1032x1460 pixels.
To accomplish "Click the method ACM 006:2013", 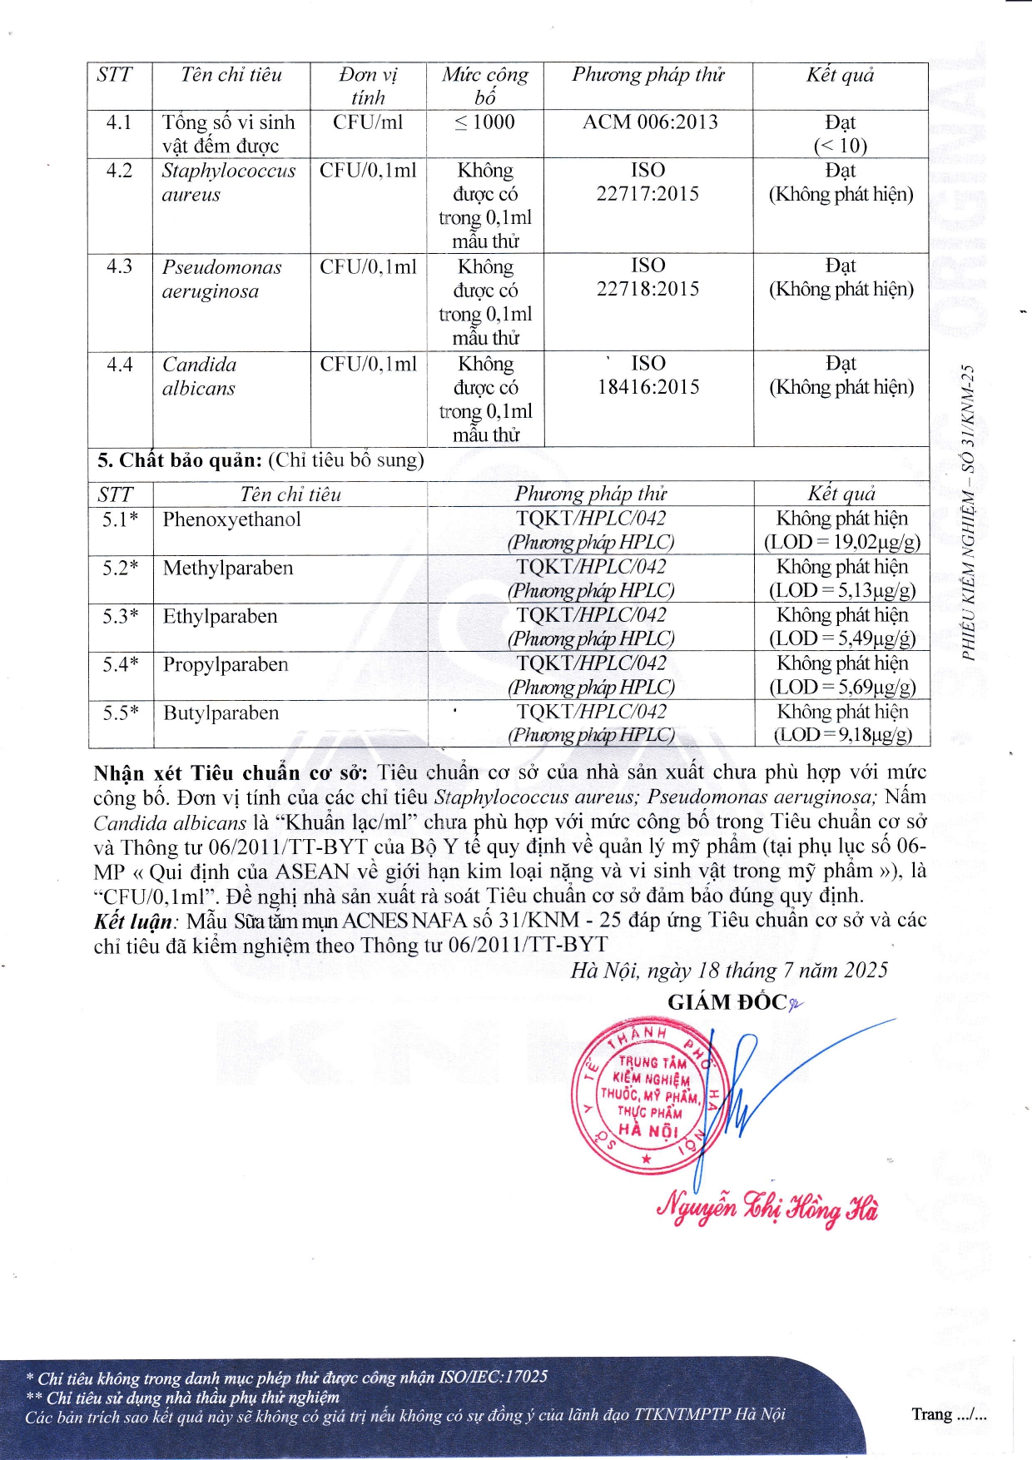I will (649, 122).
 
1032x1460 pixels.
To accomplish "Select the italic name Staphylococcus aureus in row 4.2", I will (228, 182).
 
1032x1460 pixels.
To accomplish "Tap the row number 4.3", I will (119, 266).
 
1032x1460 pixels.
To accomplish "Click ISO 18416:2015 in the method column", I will (647, 375).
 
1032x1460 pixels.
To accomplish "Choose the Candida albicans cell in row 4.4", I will (199, 376).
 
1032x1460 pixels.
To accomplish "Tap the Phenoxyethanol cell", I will (231, 519).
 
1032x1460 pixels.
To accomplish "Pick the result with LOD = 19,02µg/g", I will (841, 530).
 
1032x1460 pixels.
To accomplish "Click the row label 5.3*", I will (120, 616).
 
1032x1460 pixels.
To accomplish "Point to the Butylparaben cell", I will (221, 713).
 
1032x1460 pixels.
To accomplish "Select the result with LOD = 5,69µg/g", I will (841, 675).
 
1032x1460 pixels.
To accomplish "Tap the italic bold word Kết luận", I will (133, 921).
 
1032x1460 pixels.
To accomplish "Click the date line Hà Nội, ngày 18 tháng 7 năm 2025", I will (729, 971).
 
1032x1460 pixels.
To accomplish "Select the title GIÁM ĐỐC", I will (727, 1002).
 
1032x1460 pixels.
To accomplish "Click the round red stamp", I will (647, 1095).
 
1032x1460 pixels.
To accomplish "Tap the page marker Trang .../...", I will (948, 1414).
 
